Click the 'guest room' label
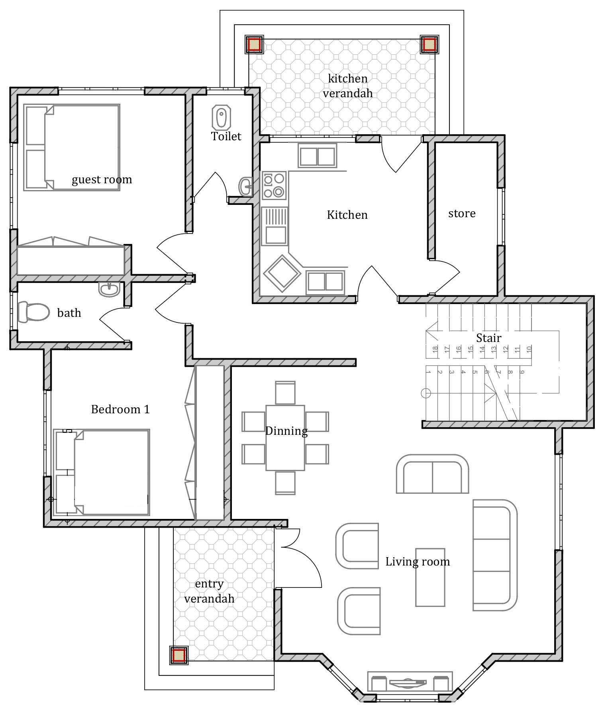102,180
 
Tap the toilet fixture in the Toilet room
221,117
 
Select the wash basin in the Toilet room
245,186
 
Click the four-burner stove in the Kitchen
274,185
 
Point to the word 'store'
462,214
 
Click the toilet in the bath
33,312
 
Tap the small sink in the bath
109,289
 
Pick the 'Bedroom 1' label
120,409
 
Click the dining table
285,438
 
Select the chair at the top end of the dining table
285,393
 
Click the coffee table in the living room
430,577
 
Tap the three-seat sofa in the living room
495,555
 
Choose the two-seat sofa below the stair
432,473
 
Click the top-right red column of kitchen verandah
429,44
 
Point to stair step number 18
435,349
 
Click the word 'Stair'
488,338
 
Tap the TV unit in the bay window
410,682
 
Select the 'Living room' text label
418,562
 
